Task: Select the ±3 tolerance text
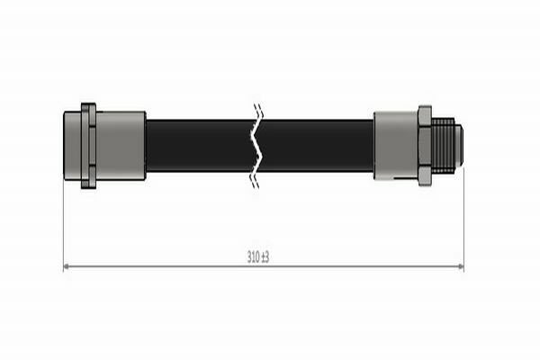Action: click(265, 256)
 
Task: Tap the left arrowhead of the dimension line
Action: click(67, 266)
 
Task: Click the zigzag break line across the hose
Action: click(256, 145)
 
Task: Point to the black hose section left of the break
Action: click(198, 145)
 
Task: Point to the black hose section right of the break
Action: click(315, 145)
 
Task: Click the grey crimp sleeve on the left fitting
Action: click(121, 145)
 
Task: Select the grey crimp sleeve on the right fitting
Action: click(395, 145)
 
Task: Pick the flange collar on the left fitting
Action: click(87, 145)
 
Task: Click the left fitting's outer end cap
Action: click(72, 145)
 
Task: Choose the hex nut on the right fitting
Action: click(424, 145)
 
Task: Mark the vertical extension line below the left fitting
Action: click(63, 225)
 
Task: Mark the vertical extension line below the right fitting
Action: click(463, 225)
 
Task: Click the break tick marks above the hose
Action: click(256, 112)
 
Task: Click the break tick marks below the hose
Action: click(256, 179)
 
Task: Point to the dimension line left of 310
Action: click(153, 266)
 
